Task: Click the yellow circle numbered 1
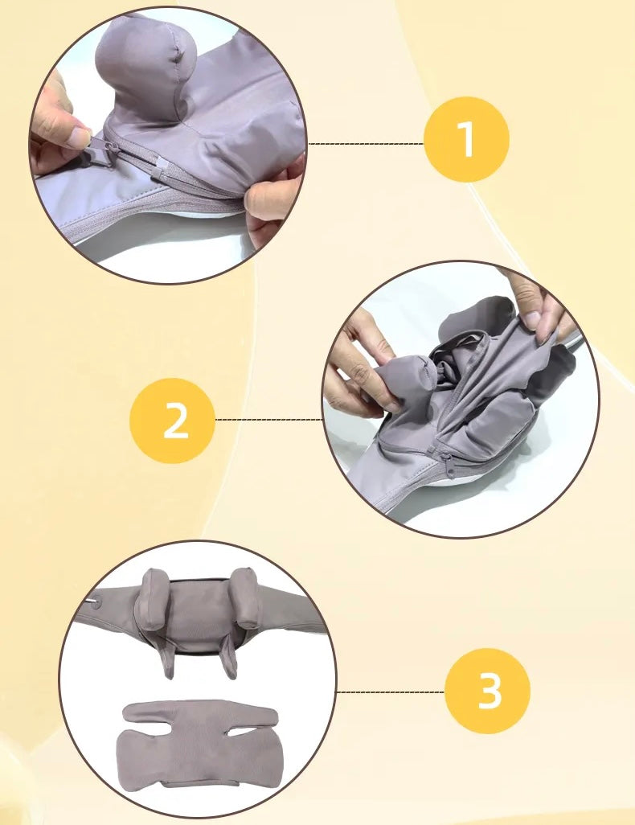pyautogui.click(x=466, y=139)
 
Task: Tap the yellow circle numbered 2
pyautogui.click(x=173, y=421)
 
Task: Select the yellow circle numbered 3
pyautogui.click(x=488, y=692)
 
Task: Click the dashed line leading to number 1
pyautogui.click(x=367, y=143)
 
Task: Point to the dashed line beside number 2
pyautogui.click(x=268, y=420)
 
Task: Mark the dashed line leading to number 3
pyautogui.click(x=391, y=692)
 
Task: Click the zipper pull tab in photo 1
pyautogui.click(x=100, y=149)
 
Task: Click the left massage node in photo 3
pyautogui.click(x=152, y=599)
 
